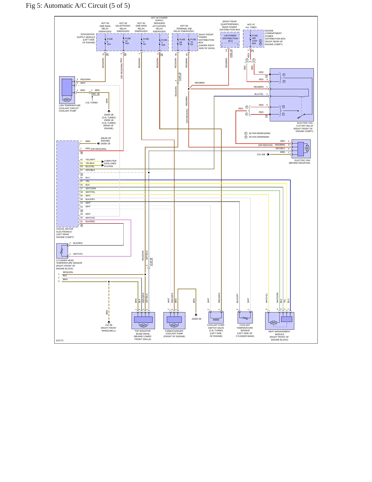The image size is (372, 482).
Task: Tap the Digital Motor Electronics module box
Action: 67,184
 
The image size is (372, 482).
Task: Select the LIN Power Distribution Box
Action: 230,40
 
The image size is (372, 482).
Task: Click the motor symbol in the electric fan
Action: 307,148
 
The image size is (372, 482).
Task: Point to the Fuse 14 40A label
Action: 127,41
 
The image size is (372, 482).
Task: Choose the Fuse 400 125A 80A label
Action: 255,39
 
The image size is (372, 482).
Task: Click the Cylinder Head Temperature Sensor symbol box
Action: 62,251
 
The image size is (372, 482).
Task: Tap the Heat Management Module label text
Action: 279,336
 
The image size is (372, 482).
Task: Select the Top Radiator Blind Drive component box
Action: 143,321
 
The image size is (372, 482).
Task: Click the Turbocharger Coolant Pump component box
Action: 174,321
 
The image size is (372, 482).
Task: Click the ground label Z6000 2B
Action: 196,319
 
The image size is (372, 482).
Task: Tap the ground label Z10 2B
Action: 109,325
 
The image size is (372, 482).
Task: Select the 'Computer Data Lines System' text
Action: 110,163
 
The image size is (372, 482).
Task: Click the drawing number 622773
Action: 60,340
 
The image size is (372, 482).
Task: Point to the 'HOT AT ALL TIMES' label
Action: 251,26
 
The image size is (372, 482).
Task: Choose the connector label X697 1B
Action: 95,94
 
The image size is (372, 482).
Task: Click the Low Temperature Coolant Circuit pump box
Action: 67,90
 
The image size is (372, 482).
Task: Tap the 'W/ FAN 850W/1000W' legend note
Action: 259,133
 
